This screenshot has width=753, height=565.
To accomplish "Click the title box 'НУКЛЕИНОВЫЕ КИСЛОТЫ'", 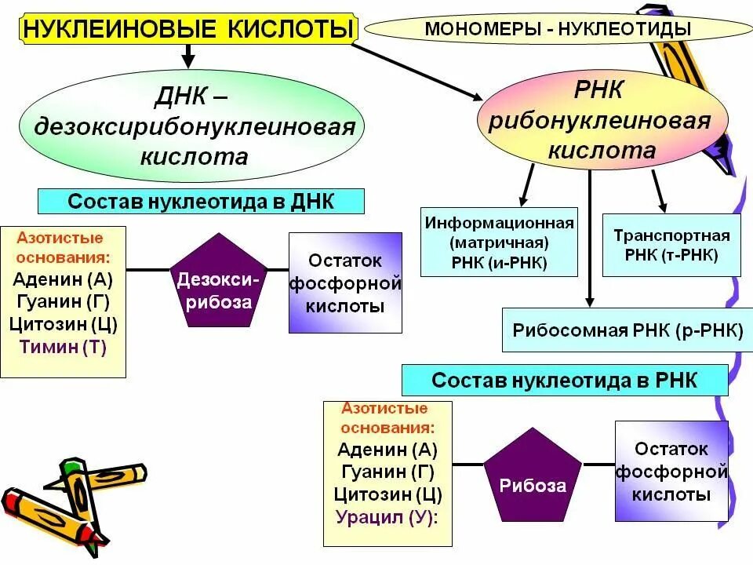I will click(187, 29).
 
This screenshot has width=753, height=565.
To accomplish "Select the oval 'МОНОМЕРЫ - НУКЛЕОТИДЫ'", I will click(558, 29).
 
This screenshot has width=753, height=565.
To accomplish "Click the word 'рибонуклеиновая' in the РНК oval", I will click(600, 121).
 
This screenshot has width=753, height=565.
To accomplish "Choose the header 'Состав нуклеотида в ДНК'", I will click(201, 201).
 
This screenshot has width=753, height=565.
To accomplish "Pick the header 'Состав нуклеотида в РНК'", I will click(564, 381).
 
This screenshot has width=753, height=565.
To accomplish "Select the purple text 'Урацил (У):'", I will click(387, 517).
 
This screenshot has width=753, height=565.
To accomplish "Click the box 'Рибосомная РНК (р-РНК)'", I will click(627, 330).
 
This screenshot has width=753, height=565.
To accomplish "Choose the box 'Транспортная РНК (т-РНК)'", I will click(671, 245).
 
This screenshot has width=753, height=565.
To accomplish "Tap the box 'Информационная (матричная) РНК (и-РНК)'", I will click(500, 242).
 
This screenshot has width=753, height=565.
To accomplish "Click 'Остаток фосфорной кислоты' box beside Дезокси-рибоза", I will click(345, 282).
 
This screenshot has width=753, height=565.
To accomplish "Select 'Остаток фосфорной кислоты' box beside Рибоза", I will click(671, 471).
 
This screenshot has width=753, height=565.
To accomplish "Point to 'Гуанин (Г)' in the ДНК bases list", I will click(61, 301).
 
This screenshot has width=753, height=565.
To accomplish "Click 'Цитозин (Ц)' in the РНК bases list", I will click(387, 494).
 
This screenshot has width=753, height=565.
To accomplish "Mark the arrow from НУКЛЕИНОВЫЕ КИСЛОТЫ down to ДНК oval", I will click(187, 55).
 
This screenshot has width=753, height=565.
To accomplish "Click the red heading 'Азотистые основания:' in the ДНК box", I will click(61, 247).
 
